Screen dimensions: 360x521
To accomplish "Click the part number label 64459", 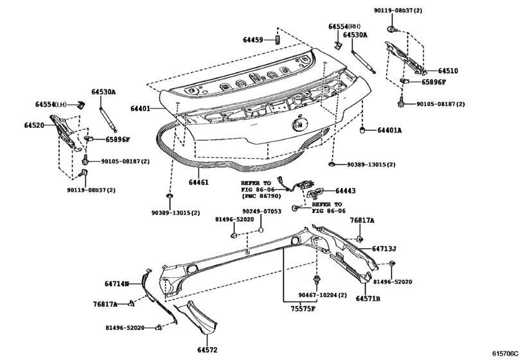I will pos(253,40).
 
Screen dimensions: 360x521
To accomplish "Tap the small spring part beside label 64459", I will pos(276,40).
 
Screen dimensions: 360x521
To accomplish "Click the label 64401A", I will pos(389,130).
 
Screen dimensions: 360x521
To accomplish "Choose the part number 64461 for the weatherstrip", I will pos(199,183).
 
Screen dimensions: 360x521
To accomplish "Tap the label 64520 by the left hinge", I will pos(35,125).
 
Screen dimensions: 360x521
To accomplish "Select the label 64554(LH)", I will pos(51,104).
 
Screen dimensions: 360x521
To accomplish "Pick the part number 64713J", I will pos(384,248).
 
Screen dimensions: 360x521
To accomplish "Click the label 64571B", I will pos(368,299).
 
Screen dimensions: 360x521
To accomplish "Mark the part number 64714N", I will pos(117,282).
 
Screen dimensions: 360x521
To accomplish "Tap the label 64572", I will pos(208,350).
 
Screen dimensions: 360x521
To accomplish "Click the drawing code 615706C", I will pos(505,354).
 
